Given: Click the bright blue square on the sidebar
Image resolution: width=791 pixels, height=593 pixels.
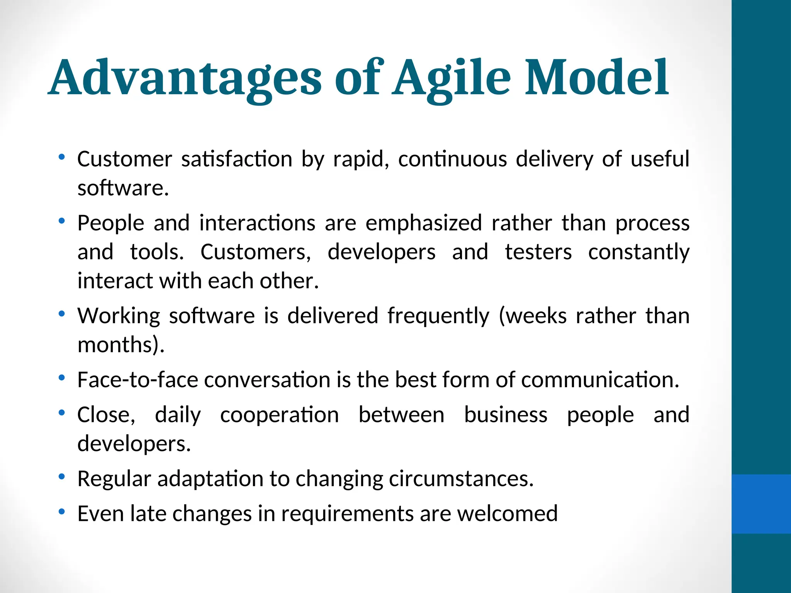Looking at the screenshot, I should [761, 504].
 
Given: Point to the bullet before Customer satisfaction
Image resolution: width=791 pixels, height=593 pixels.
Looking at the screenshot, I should [61, 157].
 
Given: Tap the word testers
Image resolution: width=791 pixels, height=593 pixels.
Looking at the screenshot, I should [538, 252].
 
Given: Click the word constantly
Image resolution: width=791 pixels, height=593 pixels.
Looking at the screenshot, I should [639, 253].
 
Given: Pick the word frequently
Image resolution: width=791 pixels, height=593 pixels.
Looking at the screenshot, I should [438, 316].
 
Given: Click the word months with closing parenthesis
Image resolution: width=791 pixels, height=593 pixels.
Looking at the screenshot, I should [121, 344].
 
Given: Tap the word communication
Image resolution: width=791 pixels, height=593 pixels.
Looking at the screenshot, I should [600, 380].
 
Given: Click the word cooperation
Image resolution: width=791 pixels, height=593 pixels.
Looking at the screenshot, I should [279, 415].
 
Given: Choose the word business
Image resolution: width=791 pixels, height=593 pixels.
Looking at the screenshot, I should [506, 415].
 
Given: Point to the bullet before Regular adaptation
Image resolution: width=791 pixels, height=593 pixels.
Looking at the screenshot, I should [61, 477].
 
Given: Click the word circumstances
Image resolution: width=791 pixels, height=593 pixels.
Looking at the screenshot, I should [461, 479].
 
